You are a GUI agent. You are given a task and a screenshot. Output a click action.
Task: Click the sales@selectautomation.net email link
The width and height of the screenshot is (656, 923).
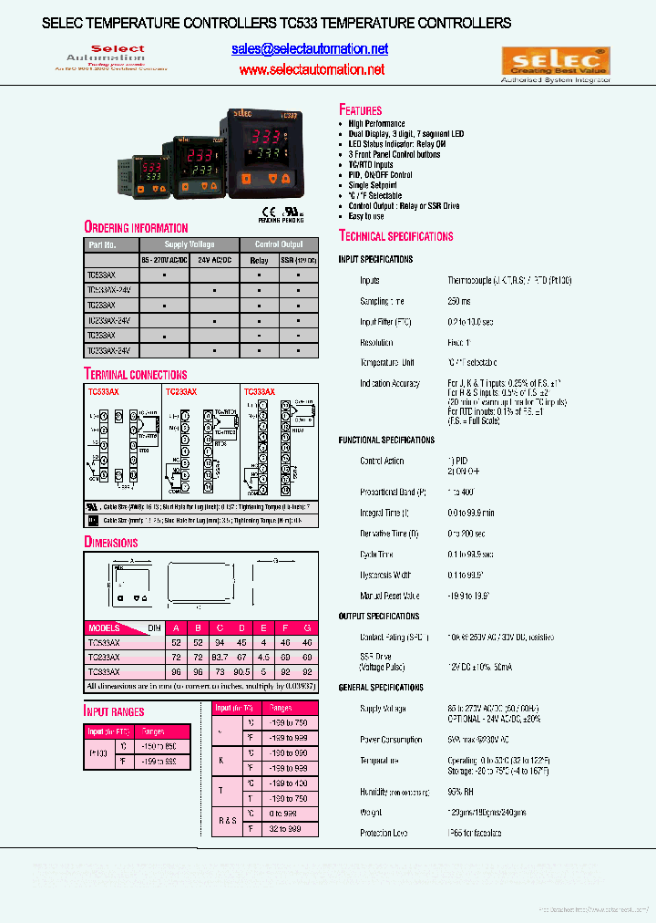pyautogui.click(x=310, y=49)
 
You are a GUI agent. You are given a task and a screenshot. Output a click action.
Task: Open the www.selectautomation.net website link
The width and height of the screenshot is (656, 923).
pyautogui.click(x=312, y=69)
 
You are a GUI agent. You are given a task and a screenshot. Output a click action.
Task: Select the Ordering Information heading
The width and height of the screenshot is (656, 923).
pyautogui.click(x=136, y=227)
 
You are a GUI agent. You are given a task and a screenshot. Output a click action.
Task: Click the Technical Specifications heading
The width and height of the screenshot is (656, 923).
pyautogui.click(x=395, y=236)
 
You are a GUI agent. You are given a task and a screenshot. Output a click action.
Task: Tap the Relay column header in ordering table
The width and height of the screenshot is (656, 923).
pyautogui.click(x=260, y=260)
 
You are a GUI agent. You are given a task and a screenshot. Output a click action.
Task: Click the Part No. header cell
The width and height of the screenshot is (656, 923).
pyautogui.click(x=103, y=244)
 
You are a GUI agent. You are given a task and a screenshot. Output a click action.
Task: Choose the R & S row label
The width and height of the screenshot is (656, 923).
pyautogui.click(x=226, y=820)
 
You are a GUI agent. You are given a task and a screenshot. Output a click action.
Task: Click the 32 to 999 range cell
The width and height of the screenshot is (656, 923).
pyautogui.click(x=285, y=829)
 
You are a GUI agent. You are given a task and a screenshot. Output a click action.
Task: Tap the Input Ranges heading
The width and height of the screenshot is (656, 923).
pyautogui.click(x=114, y=710)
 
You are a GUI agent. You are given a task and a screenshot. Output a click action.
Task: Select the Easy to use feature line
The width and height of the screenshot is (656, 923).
pyautogui.click(x=366, y=216)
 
